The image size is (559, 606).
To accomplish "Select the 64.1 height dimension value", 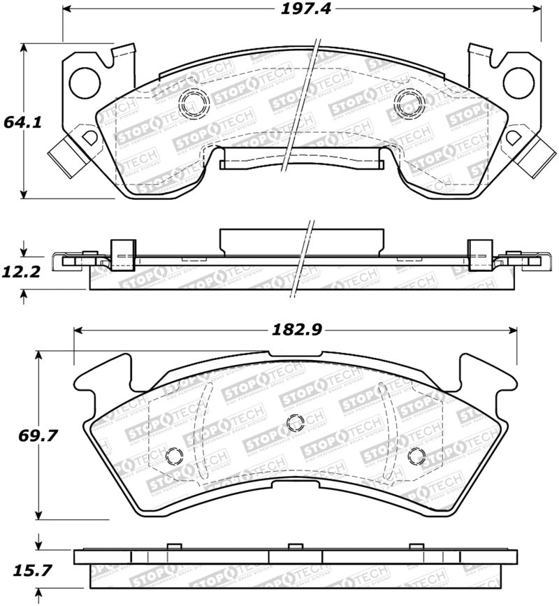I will pos(23,122).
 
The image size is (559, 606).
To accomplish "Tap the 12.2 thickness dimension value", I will pos(23,270).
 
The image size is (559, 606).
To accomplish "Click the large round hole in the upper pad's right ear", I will pos(518,81).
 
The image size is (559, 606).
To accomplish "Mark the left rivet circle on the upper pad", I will pos(194,103).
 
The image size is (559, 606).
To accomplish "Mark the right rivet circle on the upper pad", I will pos(409,103).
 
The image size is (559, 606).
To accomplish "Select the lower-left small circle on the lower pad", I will pos(175,456).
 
